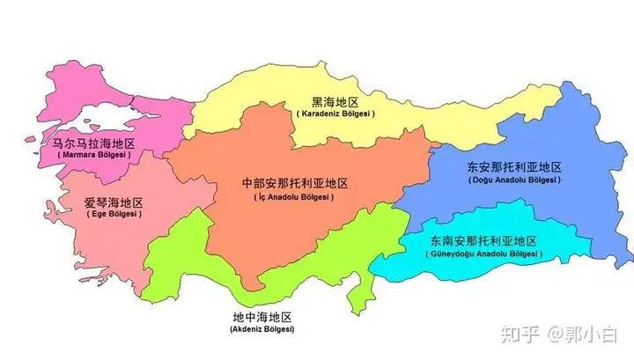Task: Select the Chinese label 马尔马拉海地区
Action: click(x=93, y=142)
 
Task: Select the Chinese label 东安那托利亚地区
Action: click(x=514, y=167)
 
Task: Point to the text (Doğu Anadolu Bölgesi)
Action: click(x=514, y=180)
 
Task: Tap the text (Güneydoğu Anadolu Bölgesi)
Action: click(x=484, y=253)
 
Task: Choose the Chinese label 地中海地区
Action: click(x=262, y=317)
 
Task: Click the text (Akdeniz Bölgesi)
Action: click(x=262, y=329)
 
